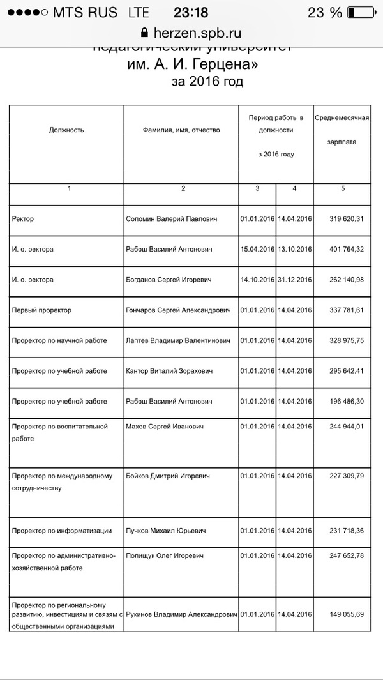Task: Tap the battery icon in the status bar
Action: (x=361, y=13)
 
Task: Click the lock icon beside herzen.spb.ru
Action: (x=144, y=33)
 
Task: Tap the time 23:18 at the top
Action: (x=191, y=13)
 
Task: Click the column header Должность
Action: (x=66, y=130)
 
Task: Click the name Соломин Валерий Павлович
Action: (x=171, y=219)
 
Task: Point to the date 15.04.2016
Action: (x=257, y=249)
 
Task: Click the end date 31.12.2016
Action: (x=294, y=280)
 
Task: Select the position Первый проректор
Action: (x=42, y=310)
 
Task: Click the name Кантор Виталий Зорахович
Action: (x=168, y=371)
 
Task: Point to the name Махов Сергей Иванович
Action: (x=165, y=426)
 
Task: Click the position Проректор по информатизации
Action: (x=62, y=531)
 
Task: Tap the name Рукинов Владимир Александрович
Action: (x=182, y=615)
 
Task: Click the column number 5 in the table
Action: (x=343, y=188)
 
